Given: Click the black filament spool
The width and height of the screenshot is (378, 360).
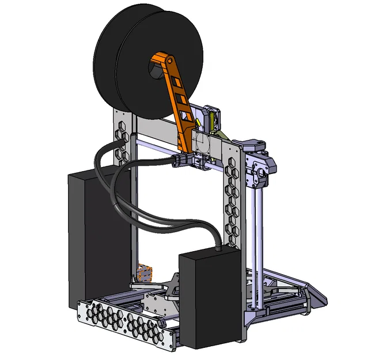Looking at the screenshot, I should [124, 63].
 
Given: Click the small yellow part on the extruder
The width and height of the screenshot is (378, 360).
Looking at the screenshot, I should [213, 121].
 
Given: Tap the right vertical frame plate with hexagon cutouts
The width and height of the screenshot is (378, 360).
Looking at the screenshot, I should [233, 202].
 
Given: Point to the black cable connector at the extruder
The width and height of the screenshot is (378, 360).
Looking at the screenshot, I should [182, 160].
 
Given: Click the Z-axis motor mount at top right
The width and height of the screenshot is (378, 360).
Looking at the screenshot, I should [259, 164].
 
